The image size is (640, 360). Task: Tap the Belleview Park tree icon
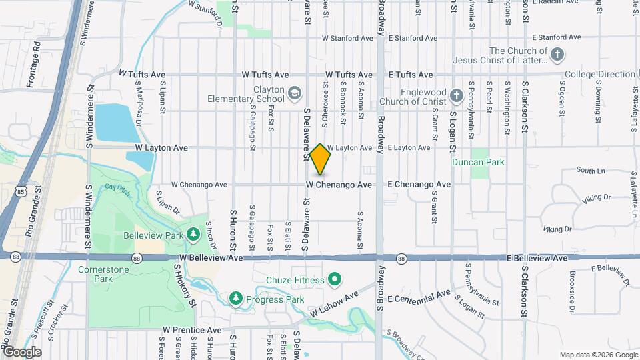[x=193, y=234]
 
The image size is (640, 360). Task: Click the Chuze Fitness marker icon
[x=335, y=279]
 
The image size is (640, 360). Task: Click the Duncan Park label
[x=487, y=162]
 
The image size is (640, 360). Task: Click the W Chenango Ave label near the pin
[x=339, y=184]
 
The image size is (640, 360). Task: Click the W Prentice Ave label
[x=191, y=330]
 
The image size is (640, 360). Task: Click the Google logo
[x=22, y=351]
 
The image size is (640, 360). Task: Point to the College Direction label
[x=598, y=74]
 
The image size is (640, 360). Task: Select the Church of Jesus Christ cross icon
[x=557, y=53]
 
